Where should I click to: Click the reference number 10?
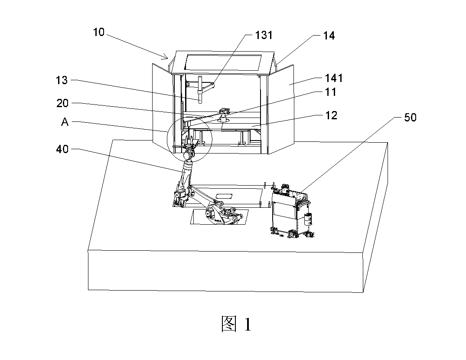click(99, 32)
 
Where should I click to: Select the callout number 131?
click(264, 35)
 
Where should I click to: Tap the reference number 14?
click(329, 36)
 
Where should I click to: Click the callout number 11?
click(331, 92)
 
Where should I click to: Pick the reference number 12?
click(331, 115)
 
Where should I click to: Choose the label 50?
click(410, 118)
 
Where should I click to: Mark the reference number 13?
click(62, 80)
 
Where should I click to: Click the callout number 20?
click(62, 104)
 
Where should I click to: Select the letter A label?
click(65, 122)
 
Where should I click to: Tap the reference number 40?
click(62, 149)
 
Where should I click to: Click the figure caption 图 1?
click(236, 324)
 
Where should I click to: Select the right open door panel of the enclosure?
click(281, 109)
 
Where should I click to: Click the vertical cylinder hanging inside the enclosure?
click(200, 90)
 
